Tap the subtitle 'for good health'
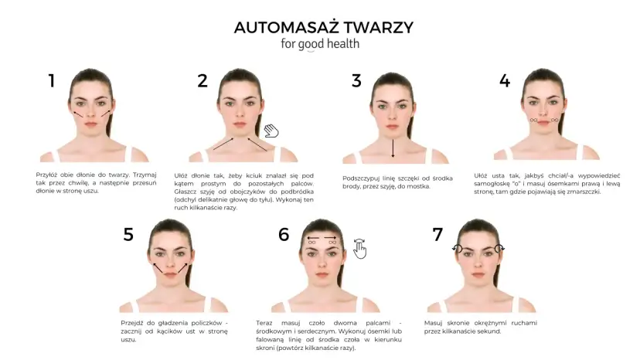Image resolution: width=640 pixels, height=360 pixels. [319, 44]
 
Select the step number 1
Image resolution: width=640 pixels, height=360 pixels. [52, 80]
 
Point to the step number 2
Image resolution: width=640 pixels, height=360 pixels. [203, 80]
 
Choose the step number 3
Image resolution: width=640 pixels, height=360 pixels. [356, 80]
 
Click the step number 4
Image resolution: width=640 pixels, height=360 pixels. [505, 80]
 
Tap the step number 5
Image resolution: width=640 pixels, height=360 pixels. [128, 235]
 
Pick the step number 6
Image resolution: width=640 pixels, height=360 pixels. [284, 235]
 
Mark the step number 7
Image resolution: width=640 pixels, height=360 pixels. [437, 235]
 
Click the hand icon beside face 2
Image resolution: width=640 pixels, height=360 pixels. [271, 131]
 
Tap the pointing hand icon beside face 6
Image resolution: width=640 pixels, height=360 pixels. [359, 249]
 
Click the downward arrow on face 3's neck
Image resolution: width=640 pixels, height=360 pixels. [393, 148]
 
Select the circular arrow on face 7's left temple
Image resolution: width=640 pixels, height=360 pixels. [458, 249]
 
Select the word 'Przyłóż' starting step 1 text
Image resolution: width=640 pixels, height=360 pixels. [47, 175]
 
